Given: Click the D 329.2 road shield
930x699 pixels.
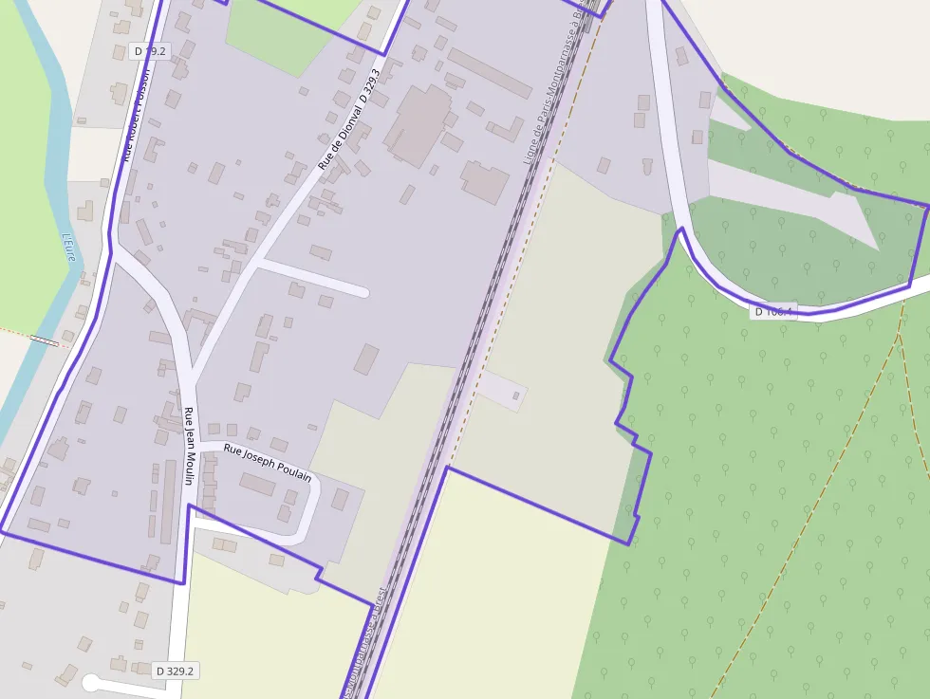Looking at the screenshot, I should tap(176, 671).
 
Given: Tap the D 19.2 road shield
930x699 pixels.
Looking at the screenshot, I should tap(149, 50).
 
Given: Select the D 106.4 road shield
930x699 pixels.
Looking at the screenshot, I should tap(772, 311).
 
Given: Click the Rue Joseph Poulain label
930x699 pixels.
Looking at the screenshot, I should tap(268, 462).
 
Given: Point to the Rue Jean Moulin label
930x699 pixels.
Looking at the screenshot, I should tap(189, 446).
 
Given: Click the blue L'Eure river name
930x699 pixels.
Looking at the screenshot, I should tap(68, 248).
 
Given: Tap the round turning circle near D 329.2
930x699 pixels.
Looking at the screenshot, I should tap(91, 682).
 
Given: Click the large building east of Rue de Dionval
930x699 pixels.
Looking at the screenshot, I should tap(418, 124).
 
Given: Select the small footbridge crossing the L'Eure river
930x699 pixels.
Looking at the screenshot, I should tap(43, 339).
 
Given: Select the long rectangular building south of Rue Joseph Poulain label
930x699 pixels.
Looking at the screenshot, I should tap(257, 485).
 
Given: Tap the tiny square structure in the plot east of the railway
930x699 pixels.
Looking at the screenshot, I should tap(516, 395).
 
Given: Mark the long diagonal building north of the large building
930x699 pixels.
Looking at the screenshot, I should tap(490, 73).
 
